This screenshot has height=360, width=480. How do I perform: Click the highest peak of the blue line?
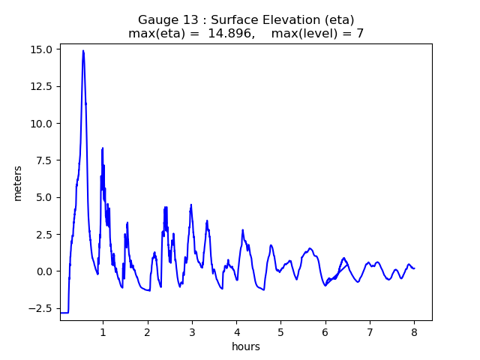pos(83,51)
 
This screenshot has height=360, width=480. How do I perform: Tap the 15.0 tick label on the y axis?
pos(41,49)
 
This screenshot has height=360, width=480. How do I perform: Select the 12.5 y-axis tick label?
pos(41,86)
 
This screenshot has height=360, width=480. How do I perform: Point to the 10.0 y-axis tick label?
pos(41,124)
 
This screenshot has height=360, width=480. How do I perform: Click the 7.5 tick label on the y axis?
pos(43,160)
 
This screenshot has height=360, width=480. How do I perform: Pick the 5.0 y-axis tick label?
pos(43,197)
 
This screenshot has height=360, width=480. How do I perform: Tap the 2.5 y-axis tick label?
pos(43,235)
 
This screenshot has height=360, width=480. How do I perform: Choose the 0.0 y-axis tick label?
pos(43,271)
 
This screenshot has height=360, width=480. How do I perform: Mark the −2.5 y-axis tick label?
pos(40,308)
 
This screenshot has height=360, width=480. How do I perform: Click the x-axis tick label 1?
pos(103,331)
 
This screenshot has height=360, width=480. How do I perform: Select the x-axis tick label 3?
pos(192,331)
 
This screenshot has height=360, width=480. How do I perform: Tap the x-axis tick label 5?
pos(280,331)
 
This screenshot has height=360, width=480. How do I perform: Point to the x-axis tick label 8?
pos(414,331)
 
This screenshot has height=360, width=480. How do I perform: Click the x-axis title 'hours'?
pos(246,346)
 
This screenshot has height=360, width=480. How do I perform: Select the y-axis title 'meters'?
pos(17,183)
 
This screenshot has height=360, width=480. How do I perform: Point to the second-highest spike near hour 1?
pos(103,148)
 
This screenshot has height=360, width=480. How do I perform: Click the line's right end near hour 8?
pos(415,268)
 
